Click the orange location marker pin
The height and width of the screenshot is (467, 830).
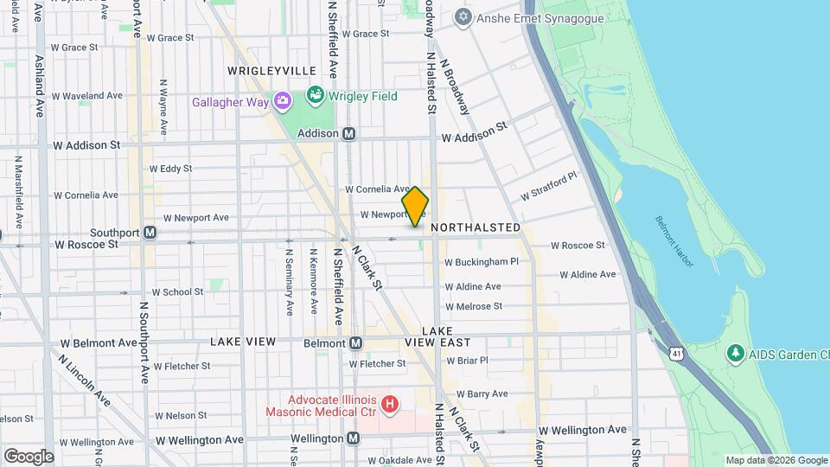[415, 206]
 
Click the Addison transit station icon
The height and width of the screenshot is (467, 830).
[349, 134]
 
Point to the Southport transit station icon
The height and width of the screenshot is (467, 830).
[150, 233]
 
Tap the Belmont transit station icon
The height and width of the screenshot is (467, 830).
[355, 343]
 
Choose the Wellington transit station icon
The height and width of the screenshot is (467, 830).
[353, 438]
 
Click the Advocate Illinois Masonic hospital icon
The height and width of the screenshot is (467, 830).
[391, 404]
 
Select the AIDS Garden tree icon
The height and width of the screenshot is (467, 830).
[735, 353]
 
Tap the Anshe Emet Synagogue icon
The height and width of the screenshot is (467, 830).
[463, 16]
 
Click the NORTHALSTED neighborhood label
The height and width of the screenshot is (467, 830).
[476, 227]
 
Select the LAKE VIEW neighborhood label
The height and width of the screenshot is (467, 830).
[243, 342]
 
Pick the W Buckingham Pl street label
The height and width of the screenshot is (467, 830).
[482, 261]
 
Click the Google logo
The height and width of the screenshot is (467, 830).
[29, 456]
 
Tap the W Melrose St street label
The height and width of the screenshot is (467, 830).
[474, 306]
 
